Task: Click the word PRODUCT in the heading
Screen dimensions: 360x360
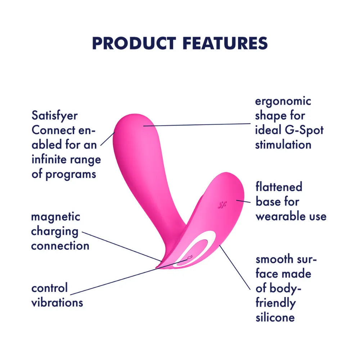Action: pyautogui.click(x=134, y=43)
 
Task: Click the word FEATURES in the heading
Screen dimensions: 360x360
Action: pyautogui.click(x=225, y=43)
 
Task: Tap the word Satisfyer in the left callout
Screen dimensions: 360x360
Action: pyautogui.click(x=55, y=116)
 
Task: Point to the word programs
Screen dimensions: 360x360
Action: pyautogui.click(x=71, y=175)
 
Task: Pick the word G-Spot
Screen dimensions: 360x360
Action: pyautogui.click(x=304, y=130)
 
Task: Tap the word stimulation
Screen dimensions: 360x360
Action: pyautogui.click(x=283, y=145)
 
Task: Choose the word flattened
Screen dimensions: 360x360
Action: pyautogui.click(x=279, y=186)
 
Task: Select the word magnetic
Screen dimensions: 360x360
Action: pyautogui.click(x=55, y=217)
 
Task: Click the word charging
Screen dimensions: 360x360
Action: pyautogui.click(x=55, y=232)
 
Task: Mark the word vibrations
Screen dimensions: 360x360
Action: pyautogui.click(x=57, y=303)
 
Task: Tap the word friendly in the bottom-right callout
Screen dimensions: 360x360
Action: pyautogui.click(x=275, y=303)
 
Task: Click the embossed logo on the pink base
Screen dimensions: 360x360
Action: pyautogui.click(x=222, y=204)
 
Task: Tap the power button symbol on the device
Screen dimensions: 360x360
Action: pyautogui.click(x=190, y=257)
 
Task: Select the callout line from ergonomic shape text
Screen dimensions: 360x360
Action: pyautogui.click(x=197, y=125)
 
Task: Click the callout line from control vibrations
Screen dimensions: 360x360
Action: pyautogui.click(x=129, y=277)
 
